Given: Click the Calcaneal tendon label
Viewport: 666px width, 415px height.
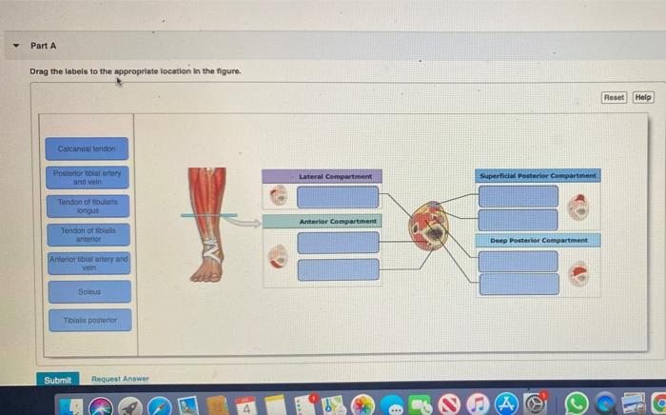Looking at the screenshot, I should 86,148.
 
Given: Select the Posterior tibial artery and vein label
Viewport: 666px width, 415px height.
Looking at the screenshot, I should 86,178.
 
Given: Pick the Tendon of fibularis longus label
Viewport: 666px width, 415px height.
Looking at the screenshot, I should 86,207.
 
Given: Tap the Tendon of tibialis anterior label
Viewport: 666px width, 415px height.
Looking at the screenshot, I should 86,234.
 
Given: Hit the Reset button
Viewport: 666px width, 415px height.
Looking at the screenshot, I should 615,97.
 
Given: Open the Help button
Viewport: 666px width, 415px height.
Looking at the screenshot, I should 643,97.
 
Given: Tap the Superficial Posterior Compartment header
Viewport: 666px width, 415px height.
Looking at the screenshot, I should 538,176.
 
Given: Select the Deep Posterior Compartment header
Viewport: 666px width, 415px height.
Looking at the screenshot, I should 538,240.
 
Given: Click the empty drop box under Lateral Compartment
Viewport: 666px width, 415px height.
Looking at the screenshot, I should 337,196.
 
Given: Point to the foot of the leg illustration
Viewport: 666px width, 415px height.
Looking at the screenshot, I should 206,270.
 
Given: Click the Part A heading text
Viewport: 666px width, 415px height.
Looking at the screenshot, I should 44,45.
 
